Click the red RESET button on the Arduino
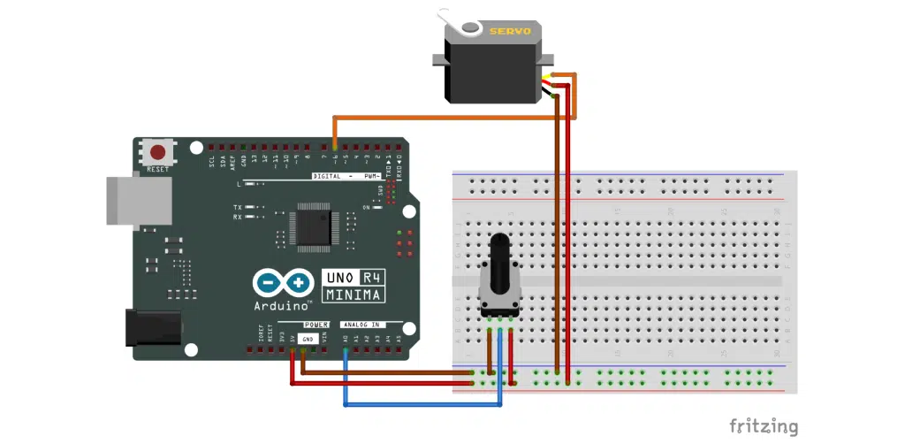tap(159, 152)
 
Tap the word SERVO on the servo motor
tap(510, 31)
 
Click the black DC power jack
tap(153, 326)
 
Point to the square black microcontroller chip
tap(313, 226)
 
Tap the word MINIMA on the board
tap(354, 294)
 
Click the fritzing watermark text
tap(764, 426)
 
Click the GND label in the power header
tap(307, 339)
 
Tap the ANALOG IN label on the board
tap(366, 325)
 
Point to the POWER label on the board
tap(316, 325)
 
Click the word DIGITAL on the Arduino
tap(328, 176)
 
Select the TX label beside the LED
tap(237, 206)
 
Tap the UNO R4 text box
tap(354, 276)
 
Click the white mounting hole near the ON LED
tap(408, 211)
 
